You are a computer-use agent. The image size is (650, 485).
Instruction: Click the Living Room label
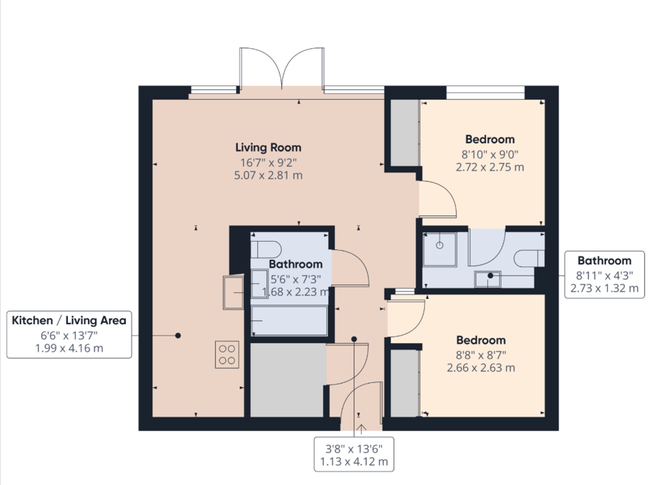click(x=268, y=148)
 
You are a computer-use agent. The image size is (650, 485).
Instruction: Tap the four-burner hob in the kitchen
click(x=227, y=354)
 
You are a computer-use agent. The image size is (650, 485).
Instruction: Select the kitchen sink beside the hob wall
click(x=233, y=292)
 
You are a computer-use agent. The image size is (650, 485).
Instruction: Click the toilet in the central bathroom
click(x=266, y=250)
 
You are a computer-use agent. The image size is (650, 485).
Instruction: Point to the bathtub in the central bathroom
click(x=289, y=321)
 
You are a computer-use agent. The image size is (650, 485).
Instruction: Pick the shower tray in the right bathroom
click(x=439, y=250)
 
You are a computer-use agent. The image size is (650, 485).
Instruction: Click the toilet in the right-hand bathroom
click(x=529, y=258)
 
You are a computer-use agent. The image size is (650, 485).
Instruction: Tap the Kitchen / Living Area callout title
click(x=69, y=320)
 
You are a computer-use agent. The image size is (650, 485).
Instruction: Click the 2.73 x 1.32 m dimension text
click(x=604, y=288)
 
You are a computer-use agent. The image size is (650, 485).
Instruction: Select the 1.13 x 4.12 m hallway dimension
click(x=354, y=462)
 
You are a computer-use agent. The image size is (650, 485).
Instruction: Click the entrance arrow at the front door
click(x=361, y=429)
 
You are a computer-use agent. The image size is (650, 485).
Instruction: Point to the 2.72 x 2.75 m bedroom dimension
click(x=490, y=167)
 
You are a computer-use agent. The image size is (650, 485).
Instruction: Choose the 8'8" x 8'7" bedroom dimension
click(x=481, y=355)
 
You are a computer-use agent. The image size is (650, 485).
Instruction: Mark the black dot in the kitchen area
click(x=178, y=336)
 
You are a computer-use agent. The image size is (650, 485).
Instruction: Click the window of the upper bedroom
click(x=486, y=92)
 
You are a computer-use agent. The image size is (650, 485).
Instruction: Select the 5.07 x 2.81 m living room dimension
click(x=268, y=176)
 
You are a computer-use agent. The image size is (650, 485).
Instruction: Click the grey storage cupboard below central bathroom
click(x=288, y=380)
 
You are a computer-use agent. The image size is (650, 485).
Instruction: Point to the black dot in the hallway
click(x=354, y=339)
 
